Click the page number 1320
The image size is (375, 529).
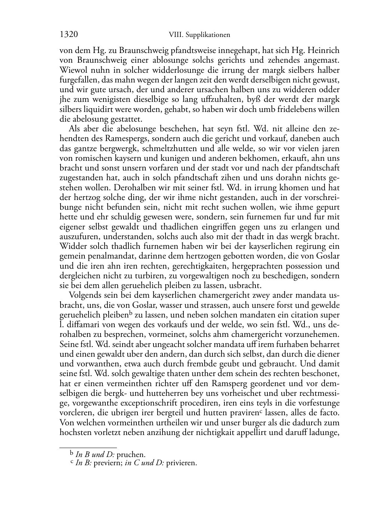[x=69, y=35]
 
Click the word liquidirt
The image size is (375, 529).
[x=96, y=110]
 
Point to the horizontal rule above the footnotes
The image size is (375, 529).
[x=88, y=447]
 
